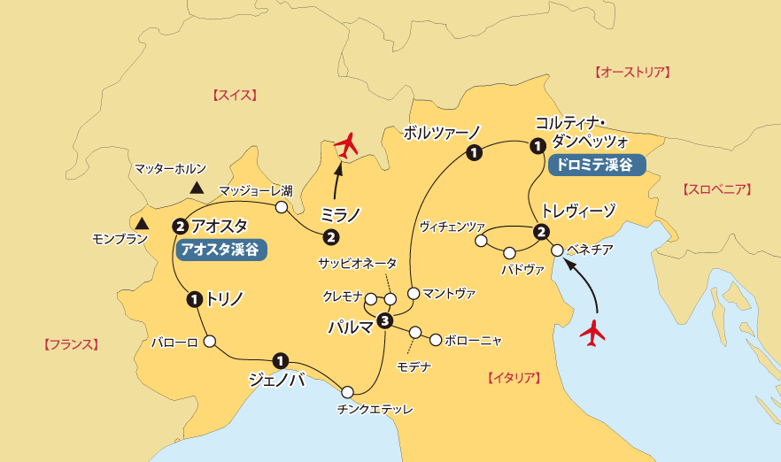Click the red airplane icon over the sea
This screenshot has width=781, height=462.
click(x=592, y=332)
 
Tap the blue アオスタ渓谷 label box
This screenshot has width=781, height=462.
click(x=220, y=250)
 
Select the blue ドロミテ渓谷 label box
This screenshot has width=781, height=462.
click(x=597, y=164)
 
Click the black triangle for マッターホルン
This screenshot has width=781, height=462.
click(x=197, y=188)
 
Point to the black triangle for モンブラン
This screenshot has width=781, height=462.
click(x=143, y=222)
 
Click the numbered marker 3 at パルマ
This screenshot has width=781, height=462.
click(x=384, y=320)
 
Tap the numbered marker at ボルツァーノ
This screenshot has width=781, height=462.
click(x=474, y=154)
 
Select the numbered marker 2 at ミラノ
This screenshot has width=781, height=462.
click(x=330, y=236)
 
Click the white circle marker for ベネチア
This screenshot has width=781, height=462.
click(x=557, y=250)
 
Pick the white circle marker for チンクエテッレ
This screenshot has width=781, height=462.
click(x=347, y=390)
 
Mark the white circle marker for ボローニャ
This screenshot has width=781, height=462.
click(x=435, y=339)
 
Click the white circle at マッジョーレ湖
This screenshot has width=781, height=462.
click(x=281, y=207)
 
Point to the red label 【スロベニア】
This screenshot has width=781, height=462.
click(x=717, y=189)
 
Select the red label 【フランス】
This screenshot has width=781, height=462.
click(x=70, y=344)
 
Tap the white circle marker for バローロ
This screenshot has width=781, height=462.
click(x=210, y=341)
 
